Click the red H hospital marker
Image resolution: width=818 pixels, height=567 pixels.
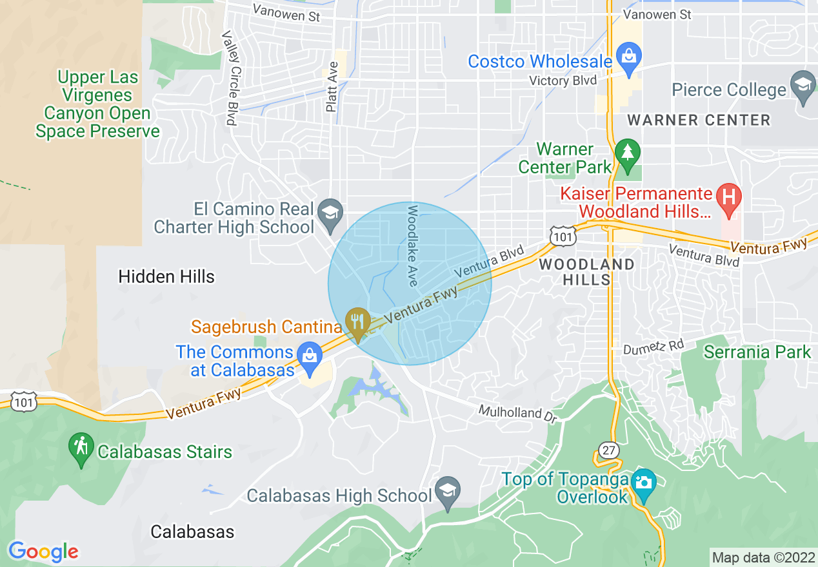click(x=729, y=197)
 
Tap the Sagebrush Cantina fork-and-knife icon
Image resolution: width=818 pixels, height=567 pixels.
click(x=357, y=322)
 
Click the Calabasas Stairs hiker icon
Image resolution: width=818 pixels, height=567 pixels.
click(x=81, y=448)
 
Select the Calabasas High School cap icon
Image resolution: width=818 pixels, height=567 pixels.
click(x=447, y=492)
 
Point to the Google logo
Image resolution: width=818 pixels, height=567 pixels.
click(x=43, y=552)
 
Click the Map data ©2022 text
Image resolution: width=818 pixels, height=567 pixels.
click(x=763, y=557)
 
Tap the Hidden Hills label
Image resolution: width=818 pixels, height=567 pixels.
click(x=166, y=277)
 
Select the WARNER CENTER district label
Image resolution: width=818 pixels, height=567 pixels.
click(x=699, y=120)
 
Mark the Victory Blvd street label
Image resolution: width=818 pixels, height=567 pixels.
click(x=558, y=81)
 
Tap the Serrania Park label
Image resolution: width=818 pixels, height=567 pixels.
click(x=757, y=352)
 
